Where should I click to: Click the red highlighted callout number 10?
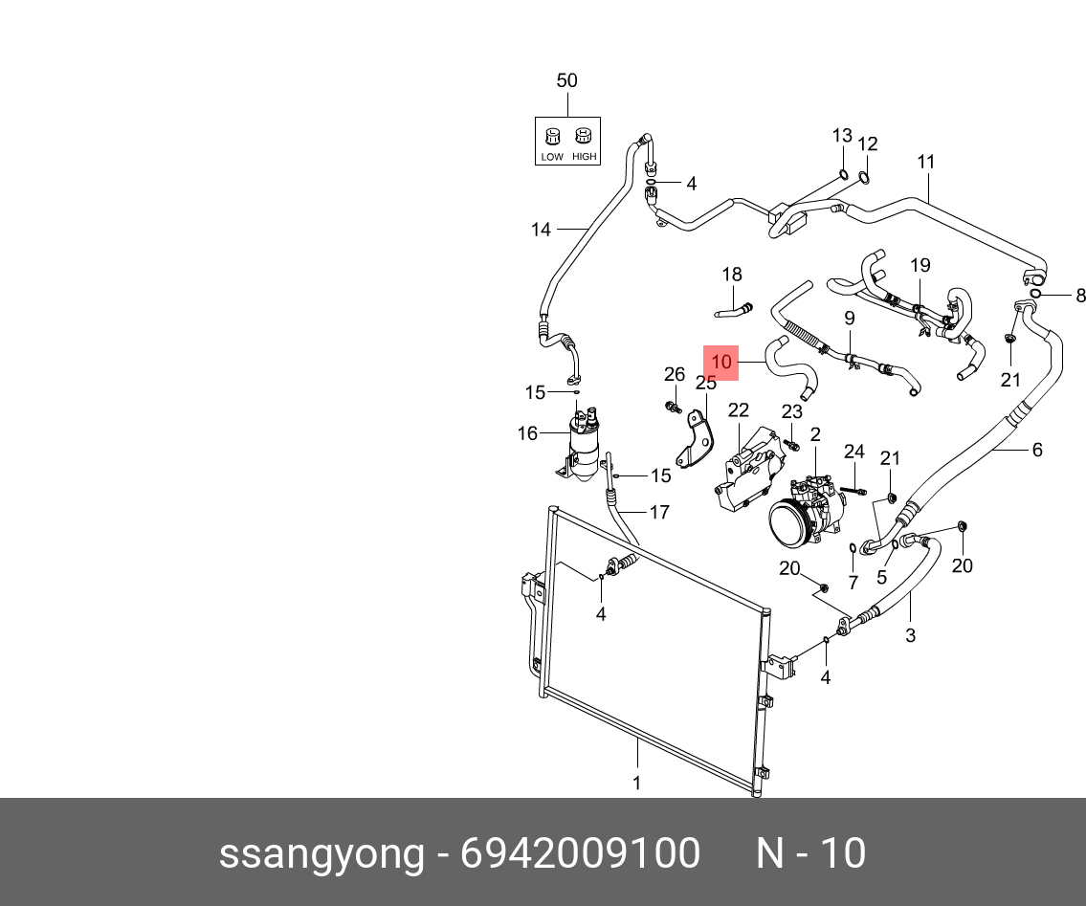pyautogui.click(x=721, y=363)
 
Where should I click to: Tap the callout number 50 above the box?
pyautogui.click(x=566, y=80)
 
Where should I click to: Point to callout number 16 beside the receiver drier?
pyautogui.click(x=527, y=433)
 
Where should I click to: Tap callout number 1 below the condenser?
pyautogui.click(x=636, y=784)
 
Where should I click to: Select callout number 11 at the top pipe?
pyautogui.click(x=925, y=162)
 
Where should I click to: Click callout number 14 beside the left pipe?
pyautogui.click(x=541, y=230)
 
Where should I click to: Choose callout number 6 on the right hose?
pyautogui.click(x=1036, y=450)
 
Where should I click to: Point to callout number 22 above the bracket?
pyautogui.click(x=738, y=410)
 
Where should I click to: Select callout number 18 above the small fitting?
pyautogui.click(x=731, y=275)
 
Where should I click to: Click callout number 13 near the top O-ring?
pyautogui.click(x=841, y=135)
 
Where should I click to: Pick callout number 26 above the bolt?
pyautogui.click(x=675, y=374)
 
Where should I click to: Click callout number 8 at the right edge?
pyautogui.click(x=1080, y=296)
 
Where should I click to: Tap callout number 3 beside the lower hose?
pyautogui.click(x=909, y=634)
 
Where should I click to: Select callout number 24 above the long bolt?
pyautogui.click(x=853, y=452)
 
